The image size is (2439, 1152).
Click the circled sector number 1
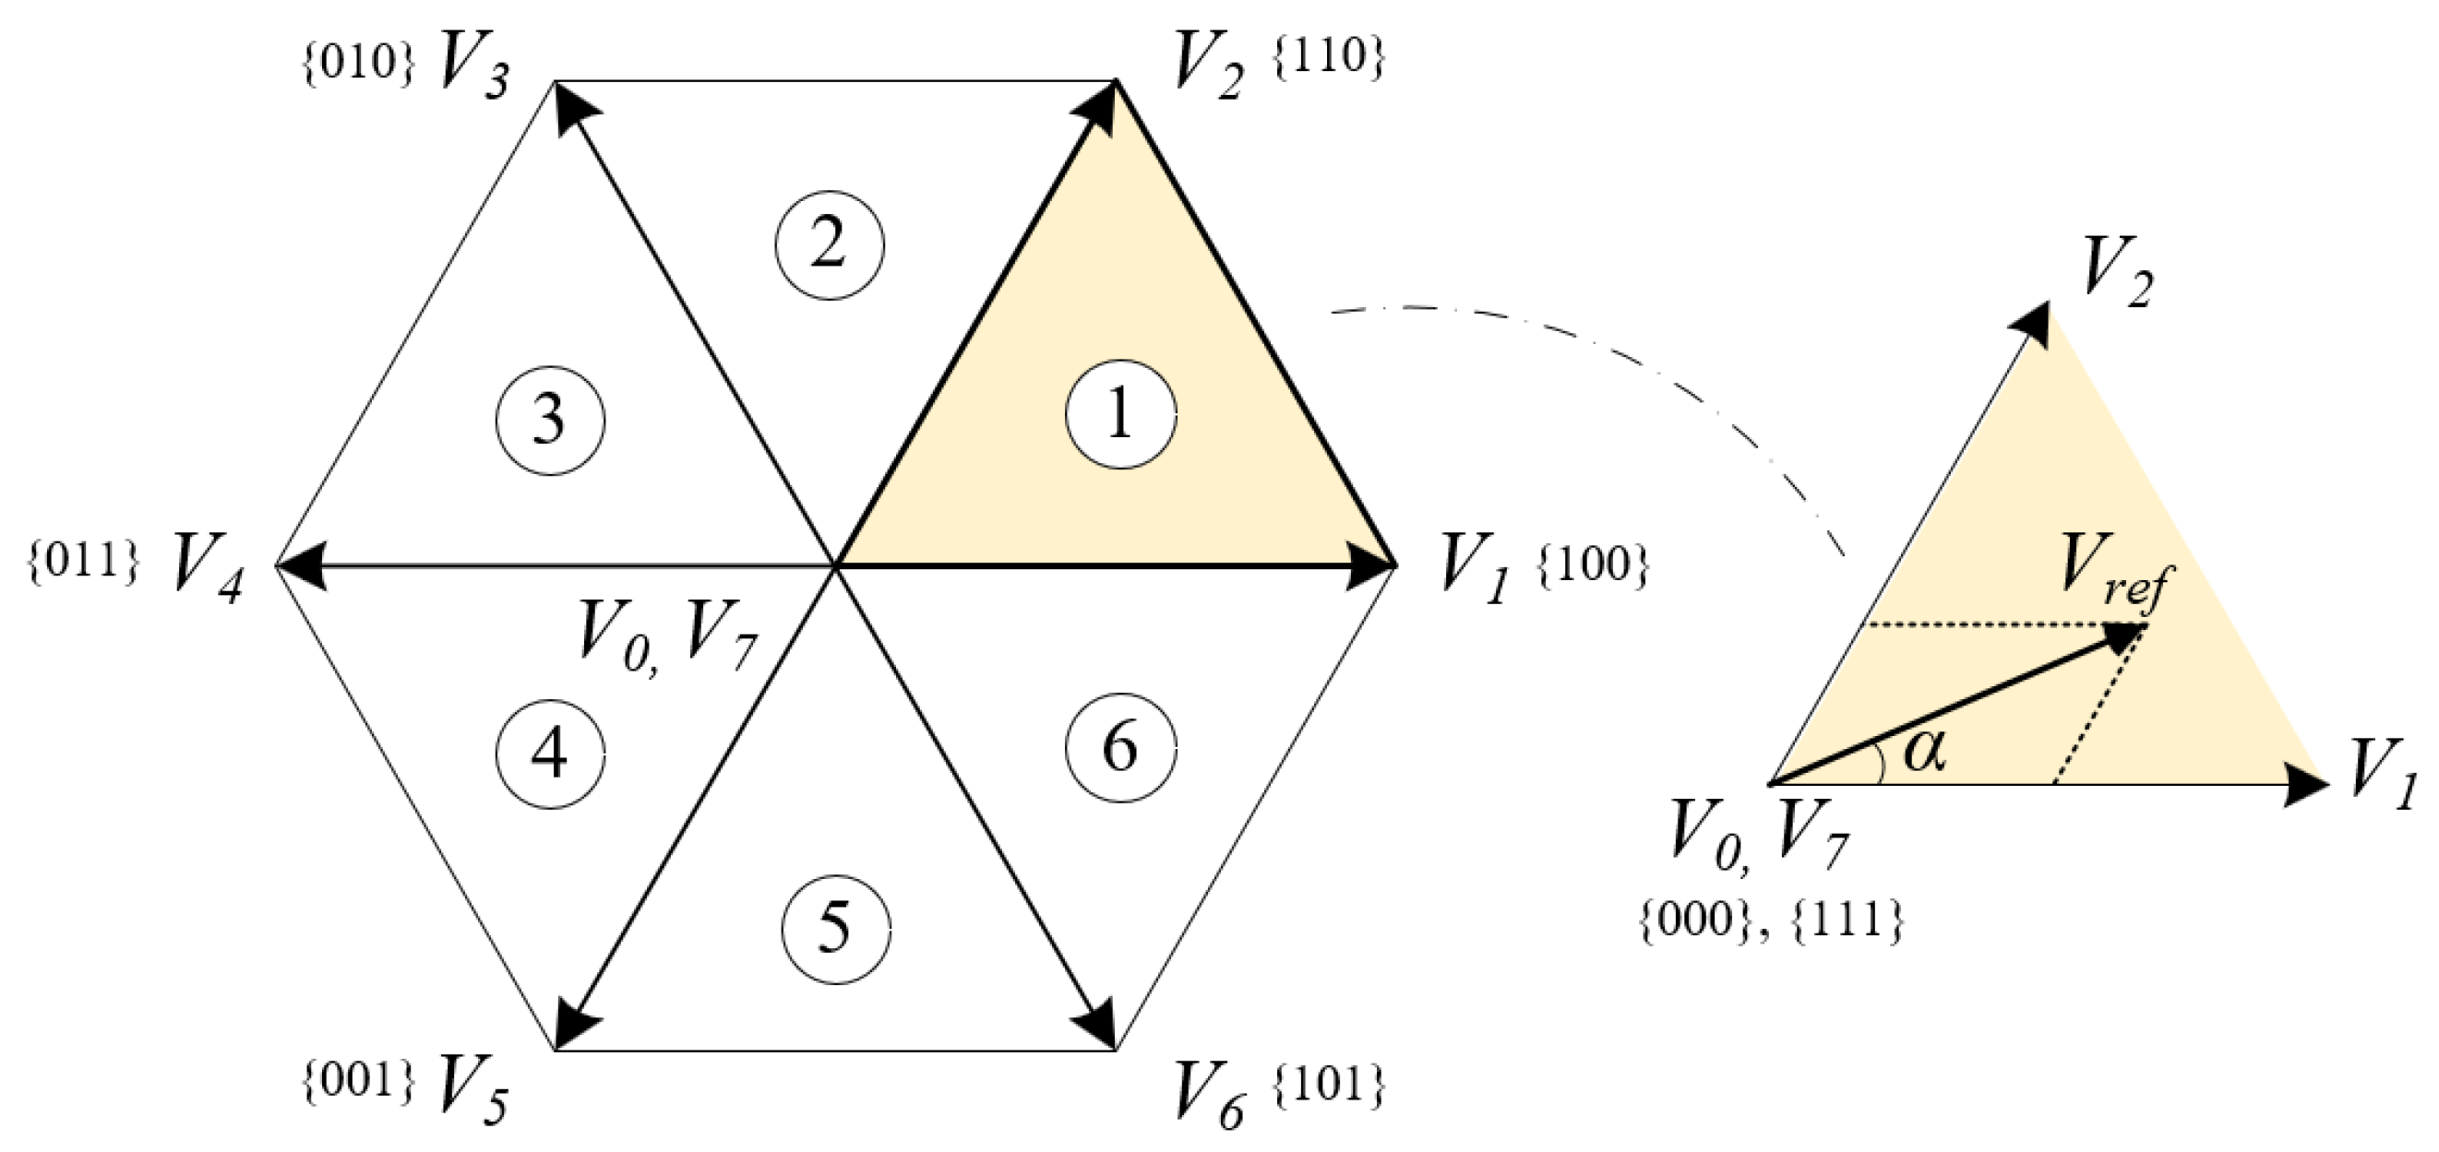point(1121,415)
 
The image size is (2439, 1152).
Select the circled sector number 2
point(830,245)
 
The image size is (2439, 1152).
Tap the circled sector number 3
point(550,420)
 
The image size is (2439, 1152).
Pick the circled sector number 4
point(550,754)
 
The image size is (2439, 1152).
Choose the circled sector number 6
point(1121,748)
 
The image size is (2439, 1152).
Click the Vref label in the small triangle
point(2117,587)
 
